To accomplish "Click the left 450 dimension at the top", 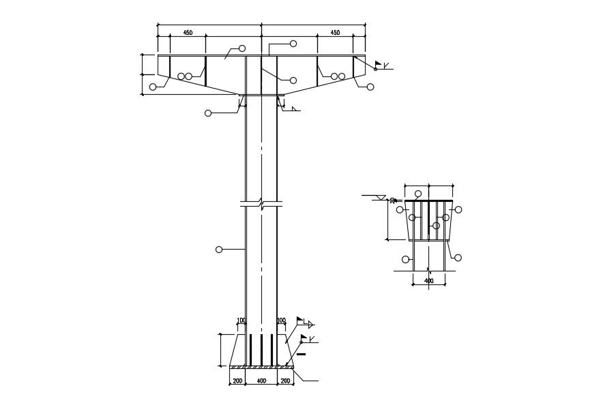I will tap(188, 33).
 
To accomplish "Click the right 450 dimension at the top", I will tap(335, 33).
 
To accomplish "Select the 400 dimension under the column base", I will tap(261, 381).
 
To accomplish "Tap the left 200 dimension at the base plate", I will tap(237, 381).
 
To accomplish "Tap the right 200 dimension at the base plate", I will tap(285, 381).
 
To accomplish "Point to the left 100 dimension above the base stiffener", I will tap(241, 321).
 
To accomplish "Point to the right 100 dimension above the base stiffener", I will tap(281, 321).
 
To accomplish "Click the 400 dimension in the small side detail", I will tap(429, 280).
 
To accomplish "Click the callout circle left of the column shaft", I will tap(219, 250).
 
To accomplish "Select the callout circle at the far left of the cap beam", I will tap(153, 87).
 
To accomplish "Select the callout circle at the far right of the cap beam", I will tap(370, 87).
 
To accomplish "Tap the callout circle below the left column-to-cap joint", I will tap(208, 113).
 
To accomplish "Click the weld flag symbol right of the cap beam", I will tap(378, 65).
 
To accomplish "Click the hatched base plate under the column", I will tap(261, 367).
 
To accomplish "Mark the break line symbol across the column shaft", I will tap(261, 203).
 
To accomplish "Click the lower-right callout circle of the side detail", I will tap(458, 258).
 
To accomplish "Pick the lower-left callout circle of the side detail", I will tap(406, 259).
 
